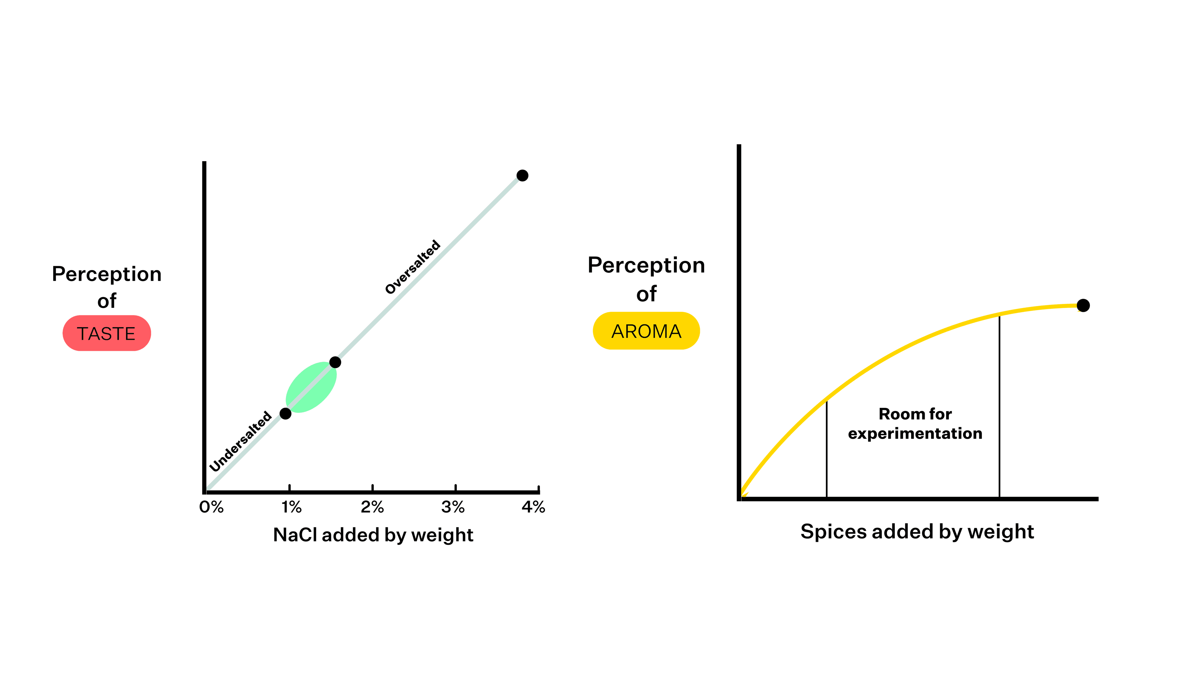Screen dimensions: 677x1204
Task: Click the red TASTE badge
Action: [107, 333]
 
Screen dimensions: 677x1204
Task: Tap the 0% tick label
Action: [211, 507]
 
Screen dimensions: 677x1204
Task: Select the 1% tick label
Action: [291, 507]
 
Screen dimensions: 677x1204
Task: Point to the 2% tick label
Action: [372, 507]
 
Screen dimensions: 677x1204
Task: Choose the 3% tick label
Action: [452, 507]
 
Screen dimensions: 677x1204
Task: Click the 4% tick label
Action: [533, 507]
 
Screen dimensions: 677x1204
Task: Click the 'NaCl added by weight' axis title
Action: [373, 534]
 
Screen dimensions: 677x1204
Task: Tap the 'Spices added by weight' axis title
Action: [917, 532]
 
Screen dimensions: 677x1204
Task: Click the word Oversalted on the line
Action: [412, 267]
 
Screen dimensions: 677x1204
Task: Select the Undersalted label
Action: [240, 442]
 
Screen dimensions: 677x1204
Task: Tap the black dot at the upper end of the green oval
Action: [335, 362]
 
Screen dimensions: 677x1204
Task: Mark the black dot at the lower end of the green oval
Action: [286, 413]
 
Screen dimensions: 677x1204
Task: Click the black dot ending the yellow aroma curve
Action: [1083, 306]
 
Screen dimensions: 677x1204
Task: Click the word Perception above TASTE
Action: [107, 274]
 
